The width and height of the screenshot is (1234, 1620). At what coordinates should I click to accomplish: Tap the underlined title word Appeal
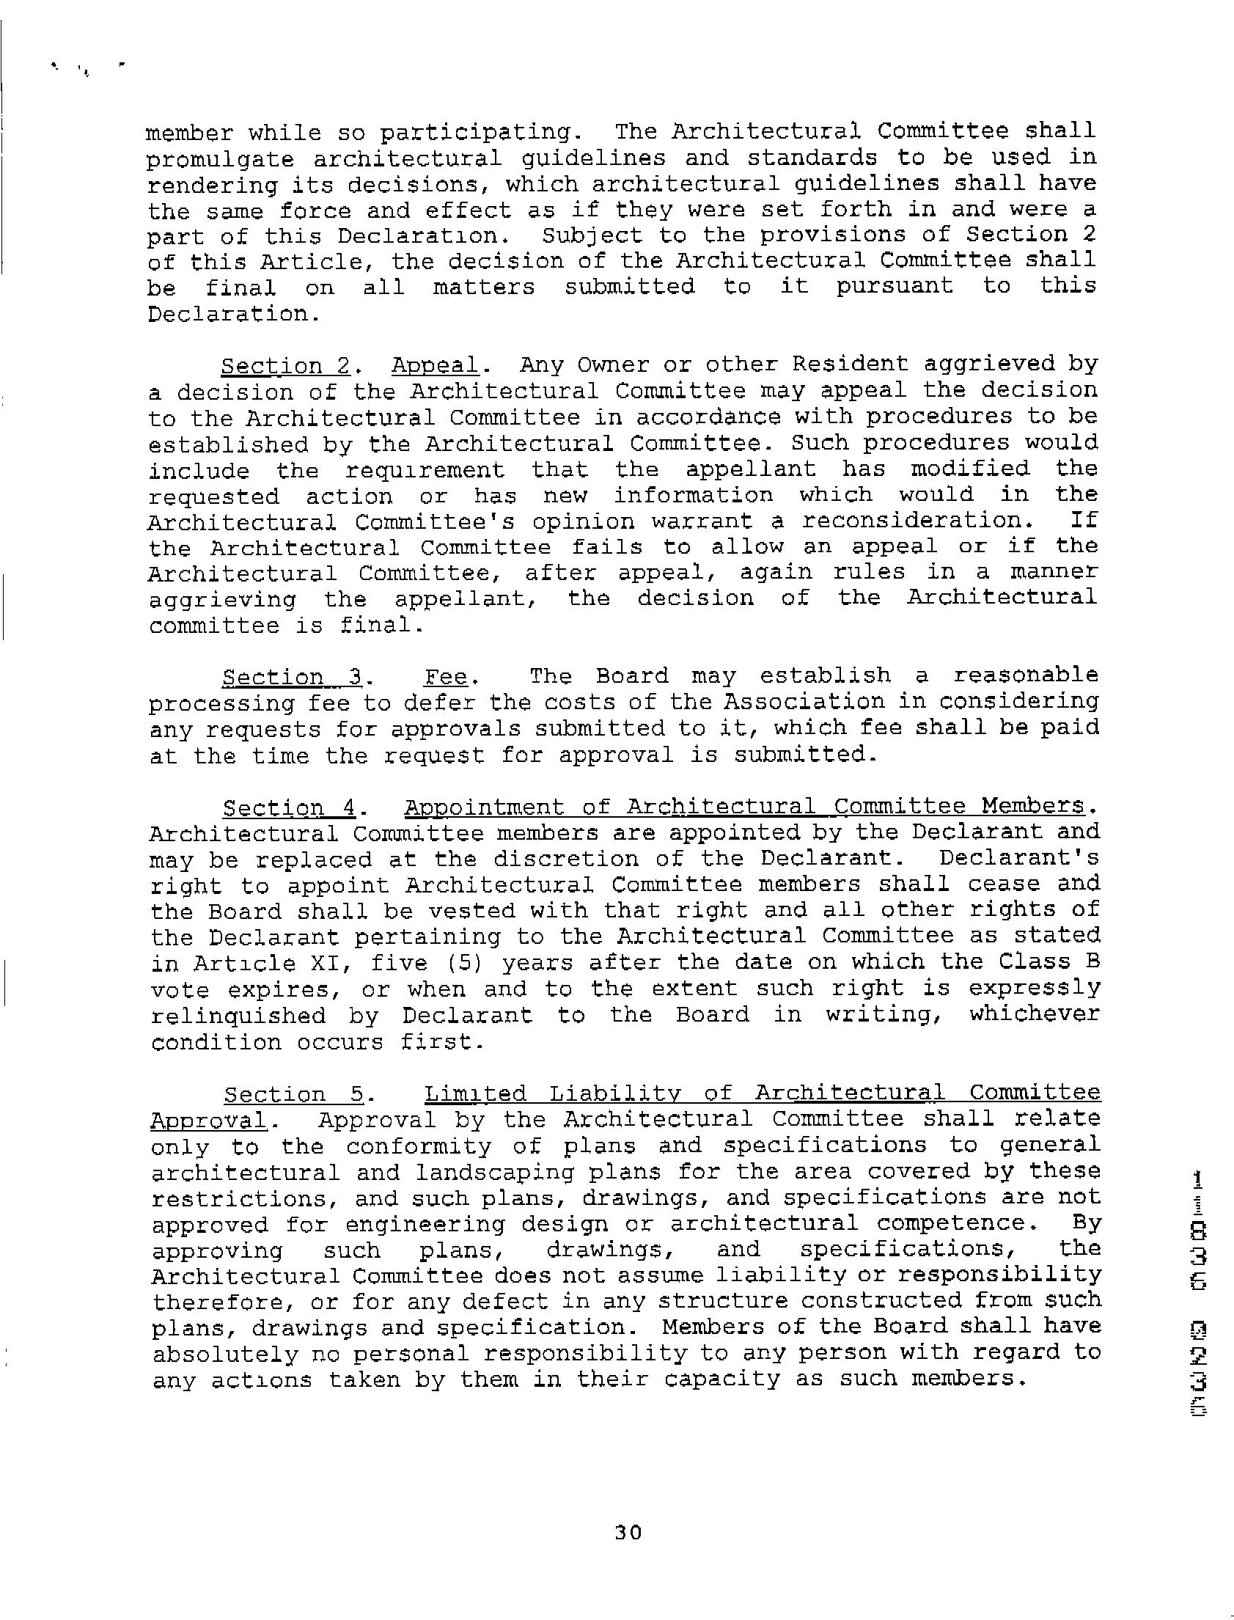point(435,365)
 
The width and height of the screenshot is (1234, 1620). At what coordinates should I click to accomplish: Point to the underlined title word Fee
point(447,677)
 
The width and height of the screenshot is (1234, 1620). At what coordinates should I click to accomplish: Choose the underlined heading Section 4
point(290,807)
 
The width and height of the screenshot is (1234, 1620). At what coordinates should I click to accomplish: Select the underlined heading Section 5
point(294,1094)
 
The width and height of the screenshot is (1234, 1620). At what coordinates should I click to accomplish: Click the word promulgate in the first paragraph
point(221,159)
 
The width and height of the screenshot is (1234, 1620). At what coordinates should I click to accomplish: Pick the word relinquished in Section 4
point(238,1016)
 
